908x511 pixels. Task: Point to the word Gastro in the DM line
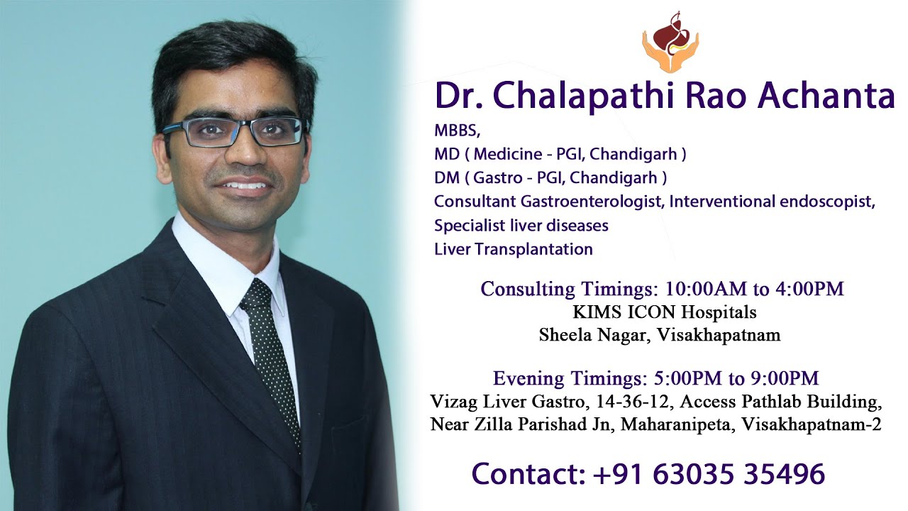point(496,177)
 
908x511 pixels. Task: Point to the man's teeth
point(246,186)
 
